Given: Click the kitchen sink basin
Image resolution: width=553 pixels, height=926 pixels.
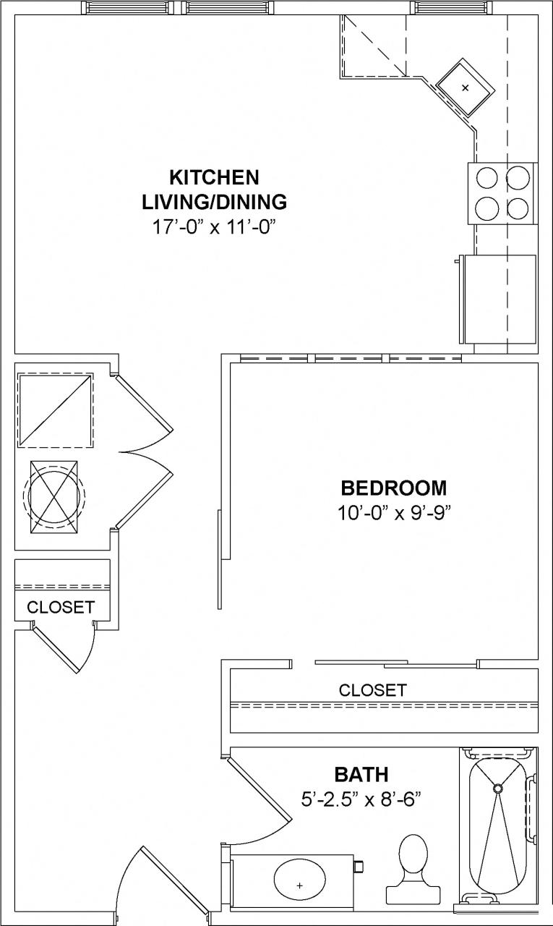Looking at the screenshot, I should point(465,88).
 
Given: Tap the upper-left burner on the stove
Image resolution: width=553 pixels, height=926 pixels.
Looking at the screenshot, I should point(486,177).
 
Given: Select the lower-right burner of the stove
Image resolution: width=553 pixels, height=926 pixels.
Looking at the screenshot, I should point(518,208).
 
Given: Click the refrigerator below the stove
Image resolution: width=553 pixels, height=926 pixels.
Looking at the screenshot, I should point(500,299).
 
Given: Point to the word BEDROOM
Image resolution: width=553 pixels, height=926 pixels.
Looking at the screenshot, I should point(394,488).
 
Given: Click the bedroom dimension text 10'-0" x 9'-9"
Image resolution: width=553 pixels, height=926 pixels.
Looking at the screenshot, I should point(394,513).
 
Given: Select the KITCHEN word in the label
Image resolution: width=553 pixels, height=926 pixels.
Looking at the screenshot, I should point(214,177).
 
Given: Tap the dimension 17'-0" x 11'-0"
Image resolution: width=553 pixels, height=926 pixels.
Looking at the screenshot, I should point(215,227).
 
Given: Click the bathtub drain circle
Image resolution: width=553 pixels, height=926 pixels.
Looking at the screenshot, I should point(497,787).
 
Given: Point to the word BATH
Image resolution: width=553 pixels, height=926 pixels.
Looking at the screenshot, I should point(361,775).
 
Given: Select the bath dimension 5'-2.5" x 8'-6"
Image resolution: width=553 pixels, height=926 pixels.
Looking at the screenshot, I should point(361,799).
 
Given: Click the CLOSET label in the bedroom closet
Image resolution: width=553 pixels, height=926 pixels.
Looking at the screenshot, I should point(372,690).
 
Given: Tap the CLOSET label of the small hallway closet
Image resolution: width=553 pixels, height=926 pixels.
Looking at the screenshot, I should point(61,607).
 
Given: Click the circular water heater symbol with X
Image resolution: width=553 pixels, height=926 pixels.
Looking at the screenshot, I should point(53,496).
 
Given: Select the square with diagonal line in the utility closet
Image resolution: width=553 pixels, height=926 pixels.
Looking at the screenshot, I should point(55,410).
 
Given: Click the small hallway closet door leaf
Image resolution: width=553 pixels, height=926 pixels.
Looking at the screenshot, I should point(56,650).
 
